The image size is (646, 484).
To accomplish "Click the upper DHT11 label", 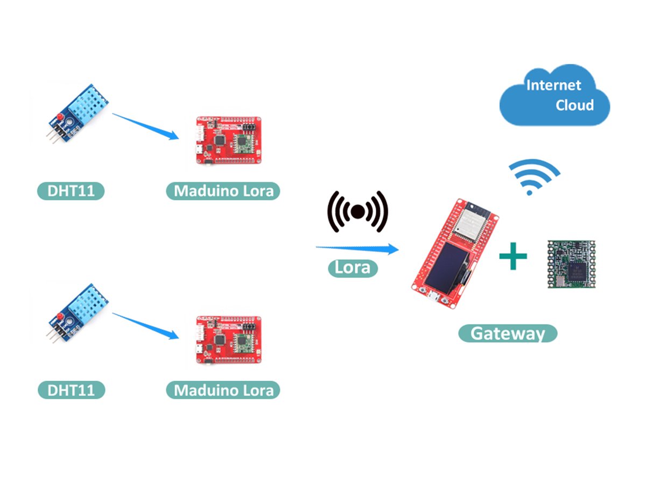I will tap(70, 191).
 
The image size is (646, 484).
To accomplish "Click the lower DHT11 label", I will tap(71, 390).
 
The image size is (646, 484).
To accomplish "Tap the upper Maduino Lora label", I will tap(223, 191).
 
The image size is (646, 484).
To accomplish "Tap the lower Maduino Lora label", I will tap(223, 390).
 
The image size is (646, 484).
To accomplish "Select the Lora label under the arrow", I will tap(353, 268).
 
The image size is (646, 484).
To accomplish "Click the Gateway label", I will tap(507, 333).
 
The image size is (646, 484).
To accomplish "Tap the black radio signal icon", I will tap(358, 212).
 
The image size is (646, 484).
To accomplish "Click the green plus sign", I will tap(512, 256).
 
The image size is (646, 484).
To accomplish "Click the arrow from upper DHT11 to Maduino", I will tap(145, 126).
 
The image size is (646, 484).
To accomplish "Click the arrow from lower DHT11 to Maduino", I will tap(145, 325).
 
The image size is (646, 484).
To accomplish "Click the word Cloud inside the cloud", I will tap(574, 105).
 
